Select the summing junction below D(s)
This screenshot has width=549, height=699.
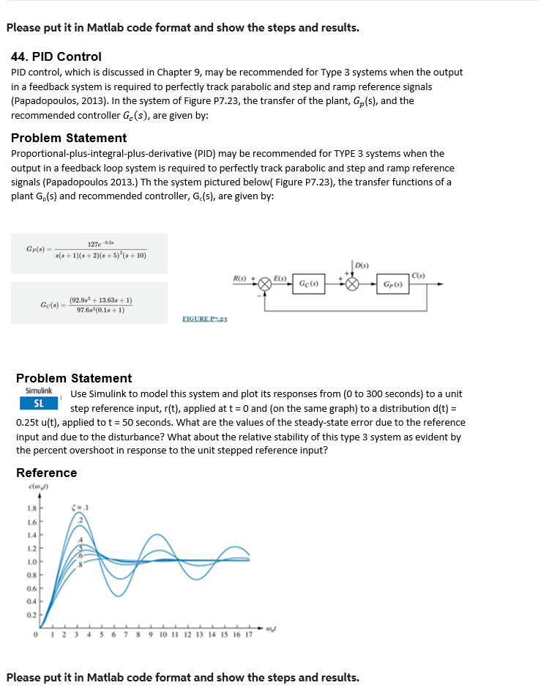tap(353, 284)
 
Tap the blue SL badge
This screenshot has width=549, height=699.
tap(39, 404)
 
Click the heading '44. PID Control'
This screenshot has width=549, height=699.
tap(57, 56)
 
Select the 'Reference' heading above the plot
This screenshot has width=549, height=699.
tap(46, 473)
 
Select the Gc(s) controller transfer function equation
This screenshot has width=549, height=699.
tap(89, 304)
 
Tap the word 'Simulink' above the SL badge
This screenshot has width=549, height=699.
tap(39, 391)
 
